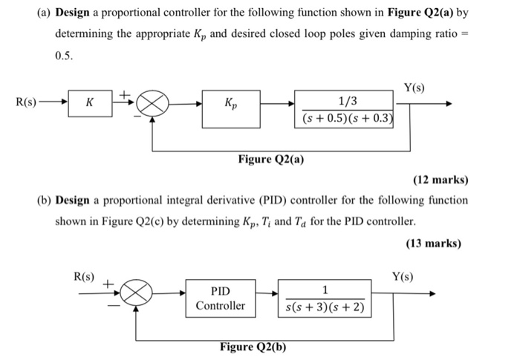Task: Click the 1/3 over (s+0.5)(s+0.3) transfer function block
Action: click(345, 108)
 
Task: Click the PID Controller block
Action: click(220, 298)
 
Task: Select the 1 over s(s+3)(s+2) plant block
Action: click(325, 298)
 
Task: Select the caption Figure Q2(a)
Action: click(271, 159)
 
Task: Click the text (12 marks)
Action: click(441, 180)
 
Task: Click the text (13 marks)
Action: click(433, 243)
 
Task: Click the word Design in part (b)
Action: click(74, 200)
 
